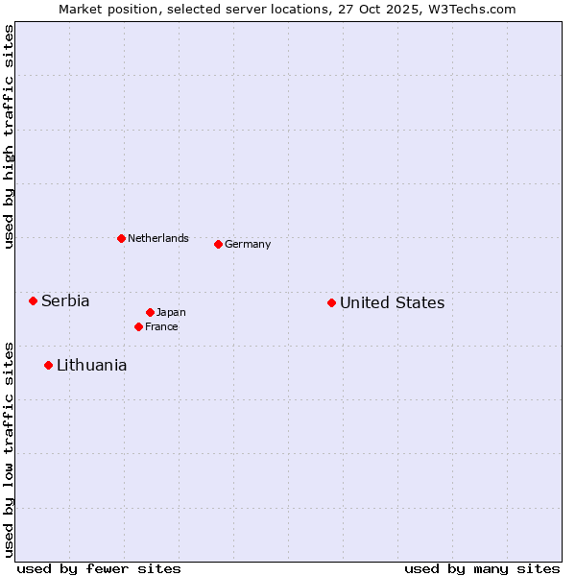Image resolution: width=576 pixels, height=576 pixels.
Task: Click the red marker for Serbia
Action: [33, 300]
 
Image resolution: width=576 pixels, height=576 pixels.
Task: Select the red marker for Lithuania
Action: [48, 365]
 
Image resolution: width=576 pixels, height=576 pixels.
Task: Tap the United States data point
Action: [331, 302]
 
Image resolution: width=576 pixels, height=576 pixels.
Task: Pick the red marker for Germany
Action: [218, 244]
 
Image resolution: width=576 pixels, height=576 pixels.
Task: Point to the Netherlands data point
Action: [121, 238]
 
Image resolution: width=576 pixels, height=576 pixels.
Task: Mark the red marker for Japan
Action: [150, 312]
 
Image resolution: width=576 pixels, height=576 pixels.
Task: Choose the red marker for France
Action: [138, 326]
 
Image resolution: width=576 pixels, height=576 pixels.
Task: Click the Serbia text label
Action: [65, 300]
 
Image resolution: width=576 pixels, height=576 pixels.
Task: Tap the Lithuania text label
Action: [91, 365]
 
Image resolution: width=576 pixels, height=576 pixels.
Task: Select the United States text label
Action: [392, 302]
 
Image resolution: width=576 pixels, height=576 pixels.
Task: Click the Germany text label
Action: [248, 244]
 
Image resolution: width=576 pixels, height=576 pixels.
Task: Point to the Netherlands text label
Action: [158, 238]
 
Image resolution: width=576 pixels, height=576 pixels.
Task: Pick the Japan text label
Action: [171, 312]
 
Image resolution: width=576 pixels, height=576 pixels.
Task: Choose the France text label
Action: [161, 326]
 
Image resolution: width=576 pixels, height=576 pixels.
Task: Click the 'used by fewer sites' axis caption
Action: [99, 568]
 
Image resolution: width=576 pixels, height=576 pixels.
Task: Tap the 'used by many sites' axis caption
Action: [482, 568]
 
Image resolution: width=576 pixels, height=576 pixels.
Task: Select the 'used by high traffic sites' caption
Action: [9, 136]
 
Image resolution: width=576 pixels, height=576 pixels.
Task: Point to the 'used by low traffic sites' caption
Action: [9, 448]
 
